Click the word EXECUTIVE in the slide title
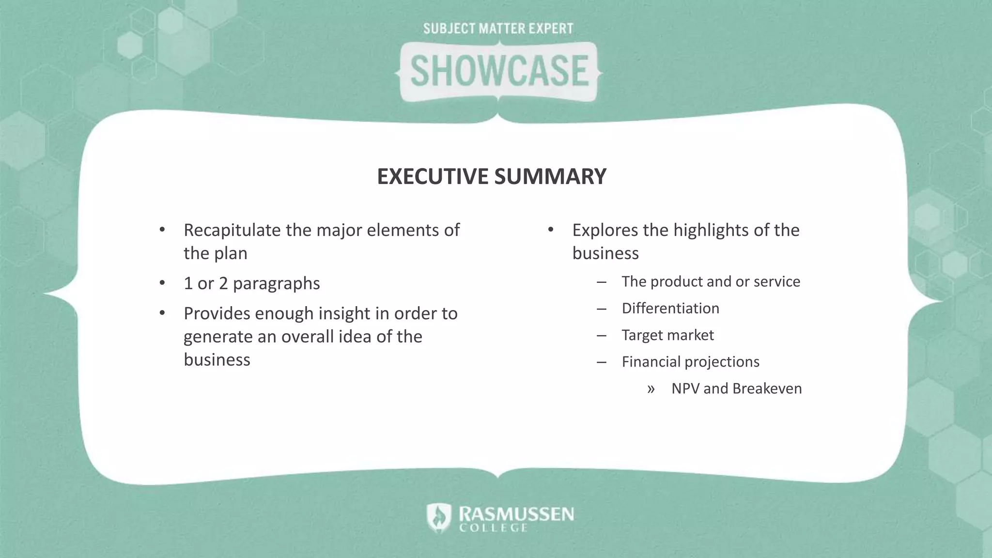point(433,176)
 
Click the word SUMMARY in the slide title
point(550,176)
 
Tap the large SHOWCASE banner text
point(499,71)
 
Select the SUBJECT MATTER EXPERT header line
point(498,29)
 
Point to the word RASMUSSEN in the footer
point(516,513)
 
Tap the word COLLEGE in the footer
point(493,527)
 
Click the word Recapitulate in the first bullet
point(232,230)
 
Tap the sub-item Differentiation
point(670,309)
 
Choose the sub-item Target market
point(667,335)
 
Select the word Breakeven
point(767,388)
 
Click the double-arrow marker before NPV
point(651,389)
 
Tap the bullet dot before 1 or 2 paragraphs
point(162,283)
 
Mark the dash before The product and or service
point(602,282)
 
